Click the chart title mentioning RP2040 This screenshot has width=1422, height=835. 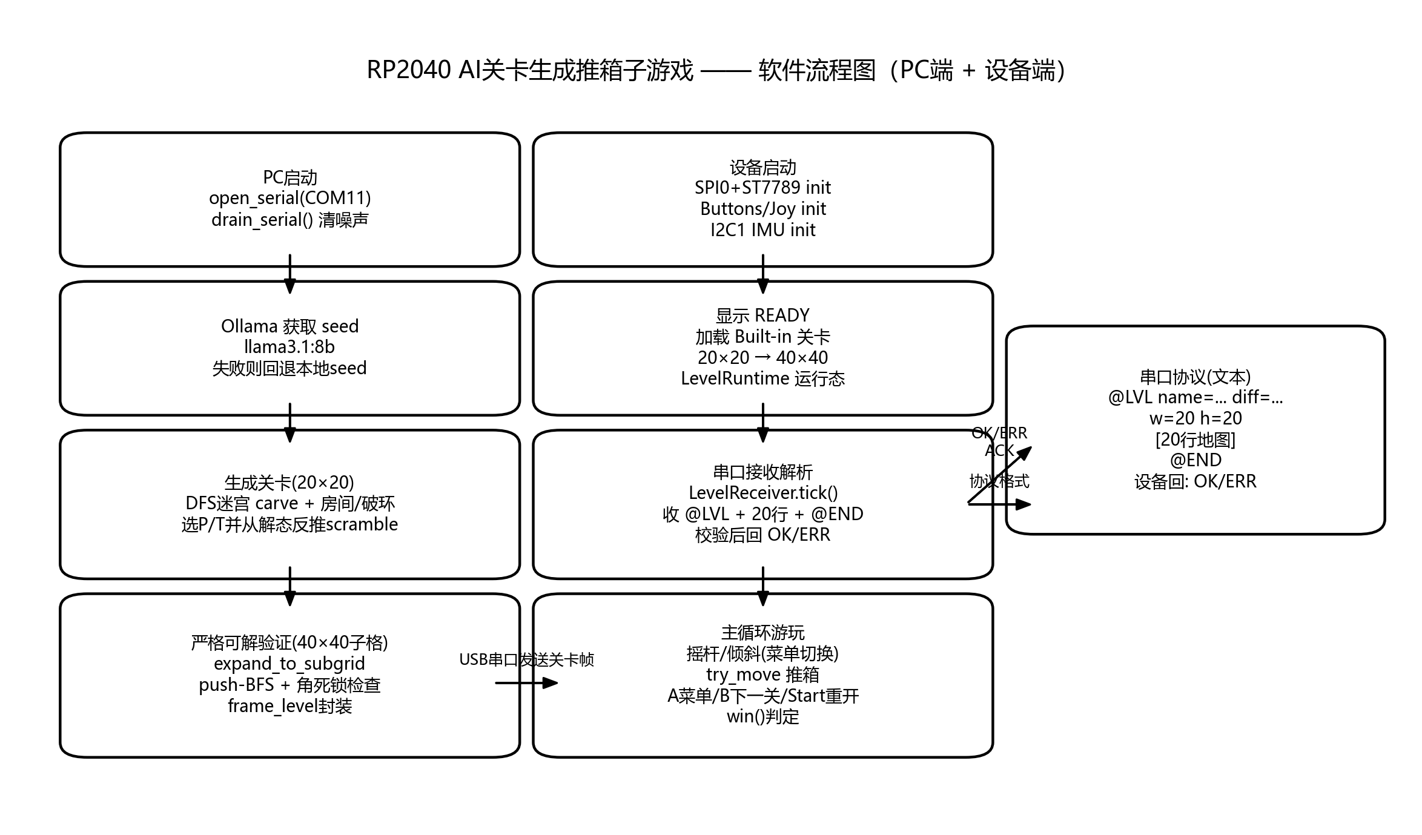tap(716, 70)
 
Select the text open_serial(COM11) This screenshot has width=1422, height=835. tap(289, 198)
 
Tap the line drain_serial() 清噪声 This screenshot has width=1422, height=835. tap(289, 219)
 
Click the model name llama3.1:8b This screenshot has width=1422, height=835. tap(289, 347)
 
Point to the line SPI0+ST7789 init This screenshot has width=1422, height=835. tap(762, 188)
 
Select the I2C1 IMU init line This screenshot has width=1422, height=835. tap(762, 230)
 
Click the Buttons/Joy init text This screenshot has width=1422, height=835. tap(762, 209)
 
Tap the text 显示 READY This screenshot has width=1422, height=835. tap(762, 315)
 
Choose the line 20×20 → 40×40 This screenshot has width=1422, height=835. tap(762, 358)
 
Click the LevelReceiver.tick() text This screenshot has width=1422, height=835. tap(762, 493)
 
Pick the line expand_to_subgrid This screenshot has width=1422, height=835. tap(289, 664)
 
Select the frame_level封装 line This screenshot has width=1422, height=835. tap(289, 706)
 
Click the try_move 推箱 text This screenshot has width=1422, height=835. tap(762, 675)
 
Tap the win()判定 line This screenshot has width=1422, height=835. tap(762, 717)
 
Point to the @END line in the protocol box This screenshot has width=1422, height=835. tap(1195, 460)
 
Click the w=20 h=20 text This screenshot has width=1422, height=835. tap(1195, 418)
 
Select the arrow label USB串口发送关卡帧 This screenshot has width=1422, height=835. tap(526, 659)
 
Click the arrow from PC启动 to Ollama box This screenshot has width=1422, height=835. tap(290, 274)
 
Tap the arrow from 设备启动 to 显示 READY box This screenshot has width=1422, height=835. tap(763, 274)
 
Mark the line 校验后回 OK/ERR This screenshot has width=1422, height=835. tap(762, 535)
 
